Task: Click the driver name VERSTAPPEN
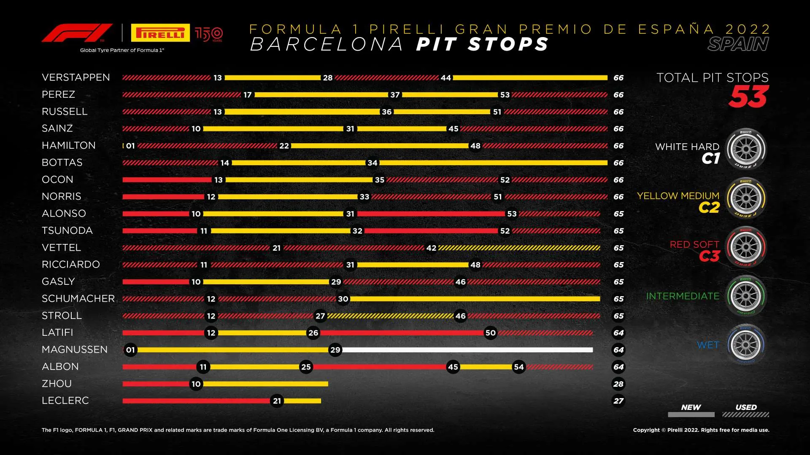pyautogui.click(x=76, y=78)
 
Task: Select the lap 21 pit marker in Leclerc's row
pyautogui.click(x=277, y=401)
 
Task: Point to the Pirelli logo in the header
pyautogui.click(x=160, y=33)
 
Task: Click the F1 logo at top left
pyautogui.click(x=77, y=33)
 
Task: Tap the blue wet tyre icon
pyautogui.click(x=745, y=345)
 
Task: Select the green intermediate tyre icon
pyautogui.click(x=745, y=296)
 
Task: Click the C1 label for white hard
pyautogui.click(x=711, y=158)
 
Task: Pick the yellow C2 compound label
pyautogui.click(x=709, y=208)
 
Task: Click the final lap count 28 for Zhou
pyautogui.click(x=618, y=384)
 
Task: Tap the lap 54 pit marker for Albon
pyautogui.click(x=518, y=367)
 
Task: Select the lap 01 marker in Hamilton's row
pyautogui.click(x=130, y=146)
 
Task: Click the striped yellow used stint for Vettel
pyautogui.click(x=519, y=248)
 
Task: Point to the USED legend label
pyautogui.click(x=746, y=407)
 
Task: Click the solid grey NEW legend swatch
pyautogui.click(x=691, y=415)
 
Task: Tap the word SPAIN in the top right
pyautogui.click(x=738, y=44)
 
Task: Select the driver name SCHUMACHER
pyautogui.click(x=78, y=299)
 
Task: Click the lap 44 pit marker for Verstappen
pyautogui.click(x=445, y=78)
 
